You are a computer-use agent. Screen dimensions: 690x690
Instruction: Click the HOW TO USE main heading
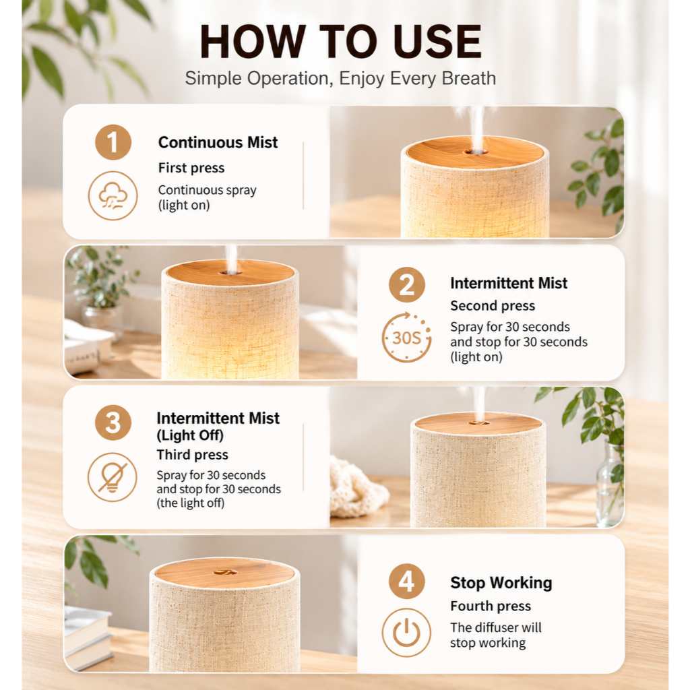click(x=340, y=41)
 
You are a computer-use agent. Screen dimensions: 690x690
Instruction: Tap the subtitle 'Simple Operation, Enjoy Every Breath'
click(x=340, y=78)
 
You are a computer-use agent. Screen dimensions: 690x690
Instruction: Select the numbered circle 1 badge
click(x=113, y=142)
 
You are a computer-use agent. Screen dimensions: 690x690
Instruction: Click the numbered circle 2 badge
click(x=406, y=284)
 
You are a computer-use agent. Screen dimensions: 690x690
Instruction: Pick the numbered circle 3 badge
click(x=113, y=422)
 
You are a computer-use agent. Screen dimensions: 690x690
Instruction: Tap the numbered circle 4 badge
click(x=406, y=581)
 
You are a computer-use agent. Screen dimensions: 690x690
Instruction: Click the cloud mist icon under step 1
click(x=113, y=195)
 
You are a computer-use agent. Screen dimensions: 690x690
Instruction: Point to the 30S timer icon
click(x=406, y=338)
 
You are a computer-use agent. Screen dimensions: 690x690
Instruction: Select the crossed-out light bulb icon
click(x=113, y=477)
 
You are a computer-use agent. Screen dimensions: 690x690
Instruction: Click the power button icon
click(x=406, y=632)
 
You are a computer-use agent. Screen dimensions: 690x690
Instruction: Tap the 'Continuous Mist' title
click(x=218, y=142)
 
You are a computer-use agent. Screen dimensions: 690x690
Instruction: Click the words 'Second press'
click(x=493, y=305)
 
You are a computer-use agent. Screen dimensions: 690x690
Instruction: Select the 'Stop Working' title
click(x=501, y=582)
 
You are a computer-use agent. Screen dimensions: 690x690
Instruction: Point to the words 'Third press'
click(x=192, y=454)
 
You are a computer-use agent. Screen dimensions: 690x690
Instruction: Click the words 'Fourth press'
click(x=491, y=606)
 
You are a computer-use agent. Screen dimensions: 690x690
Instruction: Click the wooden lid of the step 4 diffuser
click(x=224, y=573)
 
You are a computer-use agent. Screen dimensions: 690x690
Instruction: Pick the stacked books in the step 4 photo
click(x=89, y=636)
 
